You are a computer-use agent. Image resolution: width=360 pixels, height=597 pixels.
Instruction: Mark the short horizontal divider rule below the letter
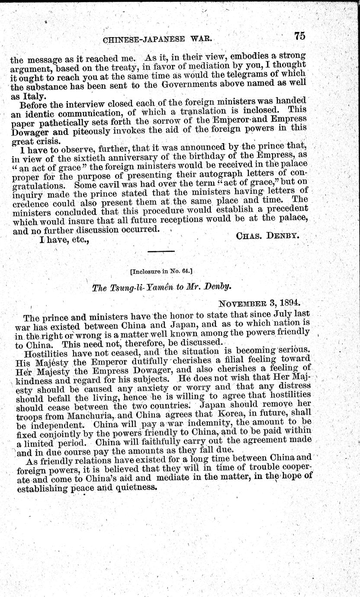pyautogui.click(x=161, y=251)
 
